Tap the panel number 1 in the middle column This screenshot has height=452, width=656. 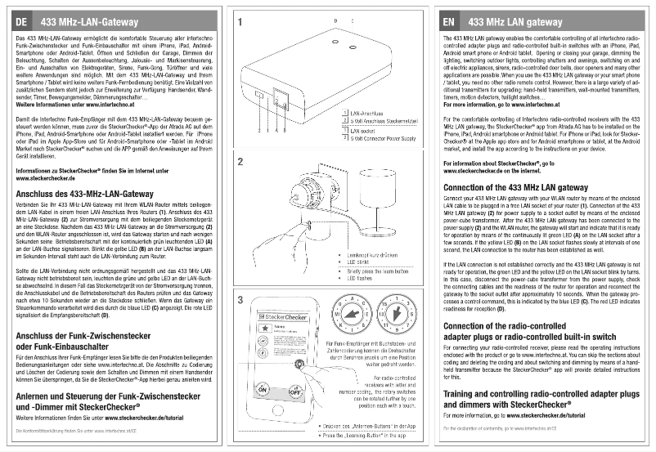239,23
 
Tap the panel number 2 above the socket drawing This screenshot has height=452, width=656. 239,162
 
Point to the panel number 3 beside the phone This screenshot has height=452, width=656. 239,301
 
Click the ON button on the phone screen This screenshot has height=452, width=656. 262,391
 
